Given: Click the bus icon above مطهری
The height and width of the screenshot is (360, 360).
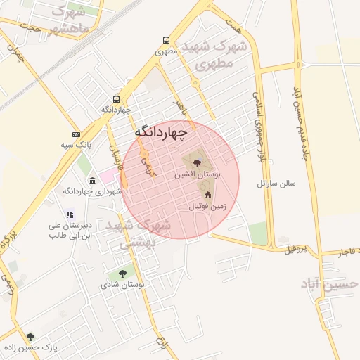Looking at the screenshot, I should [166, 40].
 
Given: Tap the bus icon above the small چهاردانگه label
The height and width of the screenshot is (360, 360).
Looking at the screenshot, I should [116, 99].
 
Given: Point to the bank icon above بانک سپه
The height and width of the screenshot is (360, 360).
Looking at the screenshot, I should [76, 134].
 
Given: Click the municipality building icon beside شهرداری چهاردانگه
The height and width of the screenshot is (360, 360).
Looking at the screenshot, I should [93, 181].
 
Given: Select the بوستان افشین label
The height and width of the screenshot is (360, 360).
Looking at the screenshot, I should [198, 173].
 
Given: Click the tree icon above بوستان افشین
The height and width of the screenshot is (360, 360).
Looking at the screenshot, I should [196, 162].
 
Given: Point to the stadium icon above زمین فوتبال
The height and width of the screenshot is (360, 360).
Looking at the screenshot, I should [207, 195].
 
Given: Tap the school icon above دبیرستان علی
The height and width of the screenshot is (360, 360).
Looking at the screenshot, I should [70, 214].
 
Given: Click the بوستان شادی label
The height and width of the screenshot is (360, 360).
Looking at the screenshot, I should [122, 285].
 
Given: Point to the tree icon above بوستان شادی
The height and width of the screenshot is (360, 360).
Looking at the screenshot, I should [122, 274].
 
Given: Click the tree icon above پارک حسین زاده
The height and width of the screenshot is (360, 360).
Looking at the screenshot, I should [30, 337].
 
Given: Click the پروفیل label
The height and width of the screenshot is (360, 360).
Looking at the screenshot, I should [296, 250].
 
